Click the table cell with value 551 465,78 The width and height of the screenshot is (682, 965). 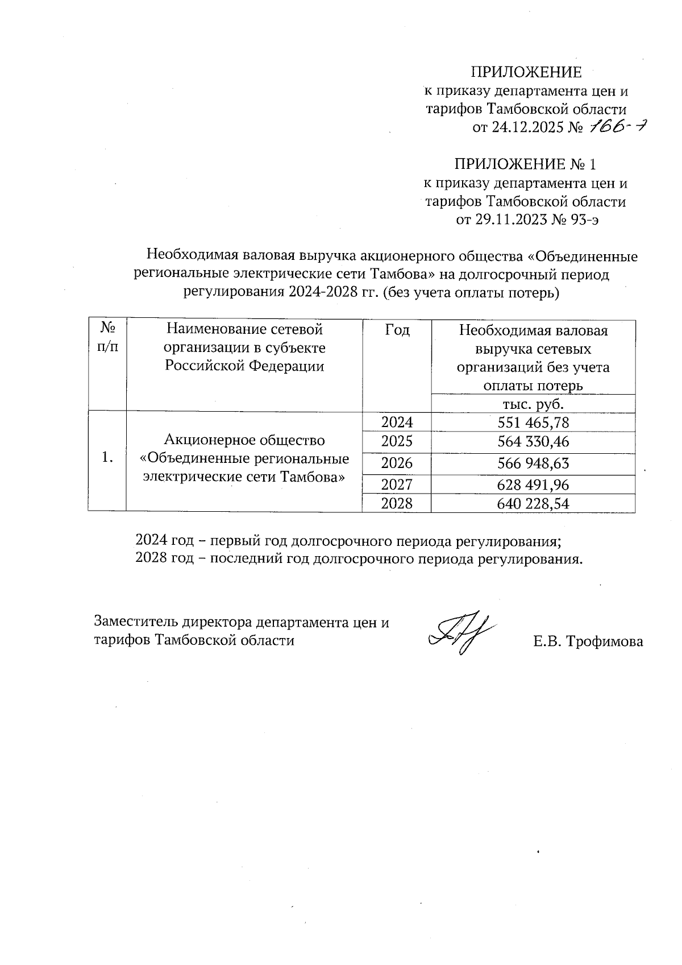(533, 423)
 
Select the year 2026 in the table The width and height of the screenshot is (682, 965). (397, 463)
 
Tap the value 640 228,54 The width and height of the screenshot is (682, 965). (533, 504)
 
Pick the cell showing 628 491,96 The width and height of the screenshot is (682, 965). (533, 485)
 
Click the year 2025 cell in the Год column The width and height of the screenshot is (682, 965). (397, 442)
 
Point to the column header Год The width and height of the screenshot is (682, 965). (397, 330)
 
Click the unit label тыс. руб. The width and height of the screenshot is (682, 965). (533, 404)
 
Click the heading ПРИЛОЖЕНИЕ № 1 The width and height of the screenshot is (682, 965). (525, 165)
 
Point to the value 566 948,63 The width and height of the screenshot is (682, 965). (533, 463)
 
